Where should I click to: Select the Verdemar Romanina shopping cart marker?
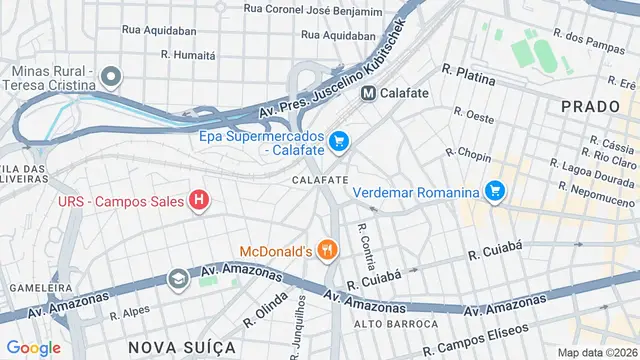494,190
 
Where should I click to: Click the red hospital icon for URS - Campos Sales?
199,201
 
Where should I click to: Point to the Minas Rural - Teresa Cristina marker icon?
112,77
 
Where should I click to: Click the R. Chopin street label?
468,153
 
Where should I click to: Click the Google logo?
33,347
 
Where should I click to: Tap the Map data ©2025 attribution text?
596,352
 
